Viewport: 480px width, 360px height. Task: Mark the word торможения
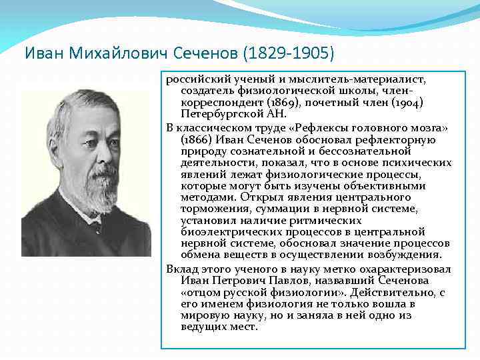211,208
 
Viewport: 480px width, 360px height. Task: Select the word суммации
281,208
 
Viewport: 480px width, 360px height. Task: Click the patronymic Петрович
241,281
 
